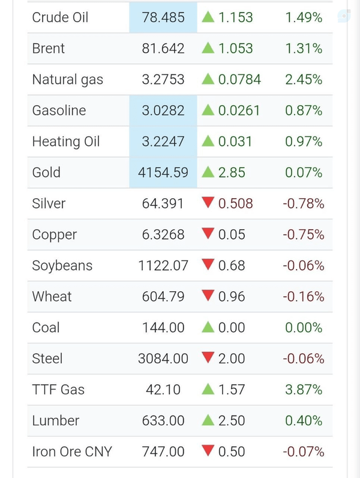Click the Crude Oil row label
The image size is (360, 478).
(x=60, y=17)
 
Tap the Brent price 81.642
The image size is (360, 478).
(x=163, y=49)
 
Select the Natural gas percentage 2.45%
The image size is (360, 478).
(x=304, y=79)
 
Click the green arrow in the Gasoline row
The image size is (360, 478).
(x=208, y=110)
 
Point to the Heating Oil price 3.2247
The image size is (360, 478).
(x=163, y=142)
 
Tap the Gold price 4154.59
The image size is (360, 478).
(x=163, y=172)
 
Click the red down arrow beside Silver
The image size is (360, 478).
(x=208, y=202)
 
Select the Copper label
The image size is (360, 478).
(x=55, y=235)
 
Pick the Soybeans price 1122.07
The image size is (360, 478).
(x=163, y=265)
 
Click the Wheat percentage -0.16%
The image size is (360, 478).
(x=304, y=297)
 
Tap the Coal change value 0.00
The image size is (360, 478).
(x=232, y=328)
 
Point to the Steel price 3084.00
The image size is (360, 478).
(x=163, y=358)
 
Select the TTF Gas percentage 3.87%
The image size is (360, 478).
(x=304, y=390)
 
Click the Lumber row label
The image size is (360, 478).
(x=56, y=421)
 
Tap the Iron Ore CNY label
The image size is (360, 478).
(x=72, y=452)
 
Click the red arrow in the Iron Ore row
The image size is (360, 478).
(x=208, y=450)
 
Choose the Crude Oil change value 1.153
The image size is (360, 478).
(x=235, y=17)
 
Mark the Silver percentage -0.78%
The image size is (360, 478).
(x=304, y=204)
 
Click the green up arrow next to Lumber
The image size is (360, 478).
(x=208, y=420)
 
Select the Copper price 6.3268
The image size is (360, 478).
(x=163, y=234)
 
